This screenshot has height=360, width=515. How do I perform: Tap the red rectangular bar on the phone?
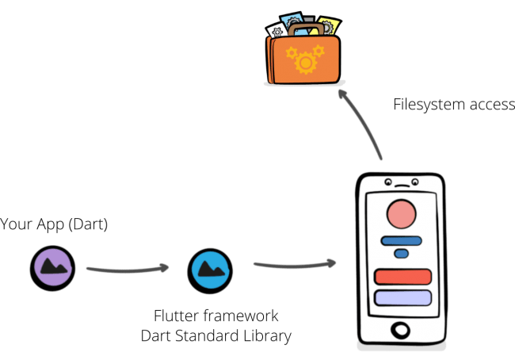tap(402, 277)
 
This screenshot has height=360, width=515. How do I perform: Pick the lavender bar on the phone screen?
tap(402, 298)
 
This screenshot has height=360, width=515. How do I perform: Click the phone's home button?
tap(402, 328)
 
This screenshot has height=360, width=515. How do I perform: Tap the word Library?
tap(265, 335)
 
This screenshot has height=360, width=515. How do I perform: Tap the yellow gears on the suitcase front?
tap(305, 59)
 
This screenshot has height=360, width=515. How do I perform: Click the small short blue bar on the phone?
tap(401, 254)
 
